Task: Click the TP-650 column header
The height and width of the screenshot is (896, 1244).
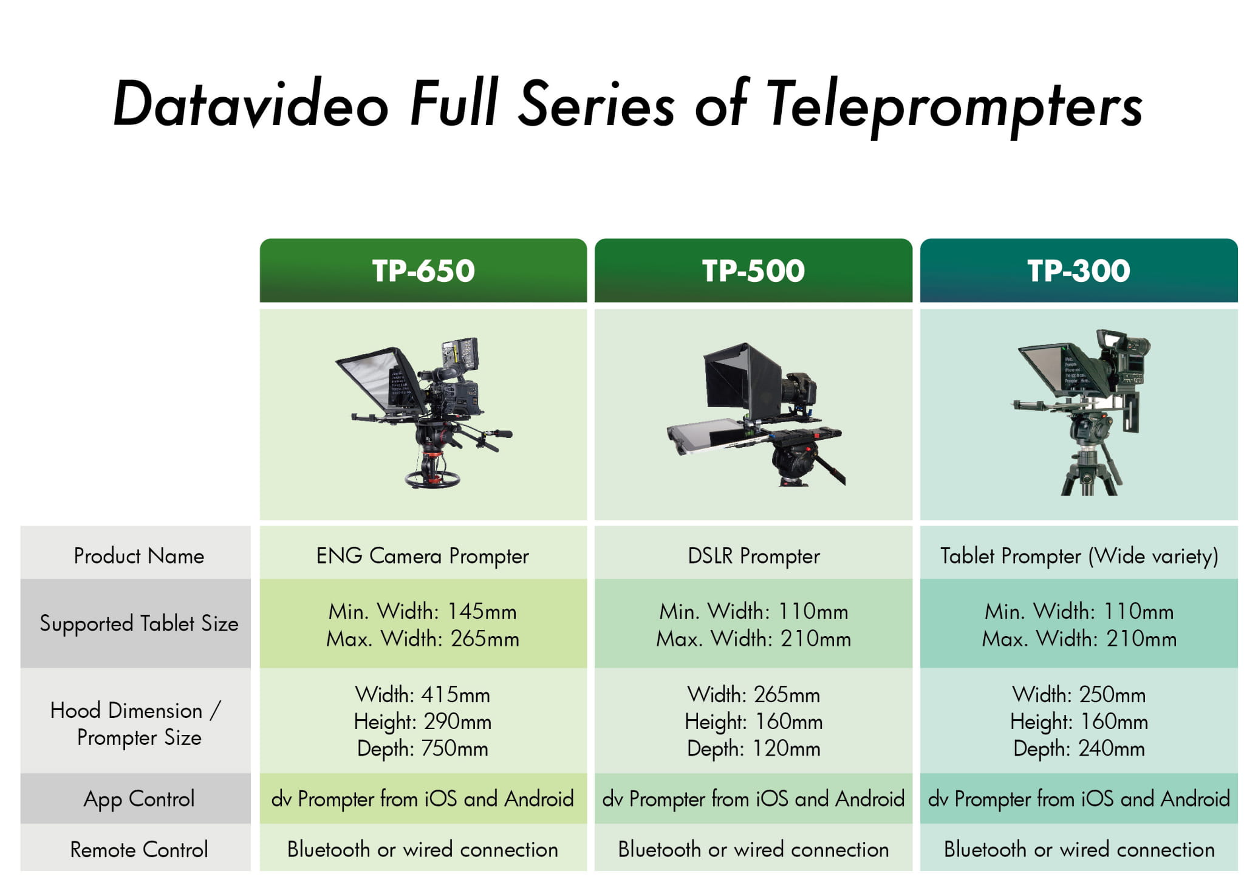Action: pyautogui.click(x=423, y=270)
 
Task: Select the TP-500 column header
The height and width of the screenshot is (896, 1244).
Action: pyautogui.click(x=753, y=270)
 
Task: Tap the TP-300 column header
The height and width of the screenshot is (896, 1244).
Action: pyautogui.click(x=1079, y=270)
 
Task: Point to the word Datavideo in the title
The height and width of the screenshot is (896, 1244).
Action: pyautogui.click(x=250, y=103)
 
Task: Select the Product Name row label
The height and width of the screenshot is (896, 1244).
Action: pyautogui.click(x=139, y=556)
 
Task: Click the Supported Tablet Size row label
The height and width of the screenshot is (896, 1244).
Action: pyautogui.click(x=139, y=624)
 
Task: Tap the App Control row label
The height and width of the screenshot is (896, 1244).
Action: pyautogui.click(x=139, y=799)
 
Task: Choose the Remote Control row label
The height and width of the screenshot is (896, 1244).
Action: pyautogui.click(x=139, y=849)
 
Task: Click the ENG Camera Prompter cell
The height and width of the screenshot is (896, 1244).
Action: pyautogui.click(x=423, y=556)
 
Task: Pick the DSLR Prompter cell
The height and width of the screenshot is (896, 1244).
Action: pyautogui.click(x=754, y=556)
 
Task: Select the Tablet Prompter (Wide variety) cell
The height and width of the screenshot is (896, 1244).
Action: pyautogui.click(x=1079, y=556)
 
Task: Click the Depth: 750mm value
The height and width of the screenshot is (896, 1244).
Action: pyautogui.click(x=423, y=749)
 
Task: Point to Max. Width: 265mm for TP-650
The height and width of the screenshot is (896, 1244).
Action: pyautogui.click(x=423, y=639)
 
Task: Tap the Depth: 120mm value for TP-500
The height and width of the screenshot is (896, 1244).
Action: pyautogui.click(x=754, y=749)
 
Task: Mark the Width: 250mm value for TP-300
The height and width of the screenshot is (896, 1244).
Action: pyautogui.click(x=1079, y=694)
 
